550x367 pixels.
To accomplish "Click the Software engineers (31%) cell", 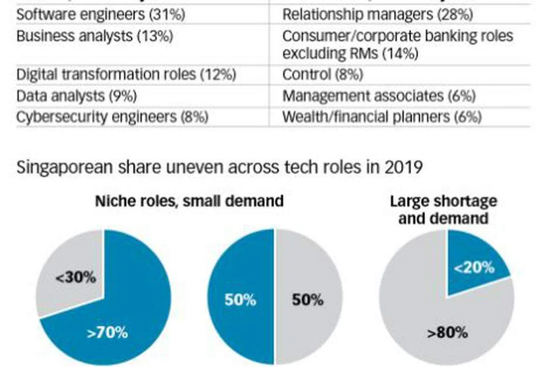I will (100, 14).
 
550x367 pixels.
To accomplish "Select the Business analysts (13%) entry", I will (95, 36).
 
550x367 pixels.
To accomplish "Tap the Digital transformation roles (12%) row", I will (126, 74).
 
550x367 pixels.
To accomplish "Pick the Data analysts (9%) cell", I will (77, 96).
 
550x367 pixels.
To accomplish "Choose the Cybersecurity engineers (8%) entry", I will (112, 117).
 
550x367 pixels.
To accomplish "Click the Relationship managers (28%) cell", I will (377, 14).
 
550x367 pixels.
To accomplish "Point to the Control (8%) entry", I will (322, 74).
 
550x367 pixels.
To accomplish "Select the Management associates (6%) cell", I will (379, 96).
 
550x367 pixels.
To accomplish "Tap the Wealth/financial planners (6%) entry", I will (382, 117).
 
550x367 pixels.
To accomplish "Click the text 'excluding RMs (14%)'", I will (350, 53).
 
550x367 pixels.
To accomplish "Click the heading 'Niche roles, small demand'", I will (189, 201).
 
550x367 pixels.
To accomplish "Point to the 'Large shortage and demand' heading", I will (443, 210).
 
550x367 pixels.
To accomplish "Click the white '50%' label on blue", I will (240, 300).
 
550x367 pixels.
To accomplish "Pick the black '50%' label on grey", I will (307, 300).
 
